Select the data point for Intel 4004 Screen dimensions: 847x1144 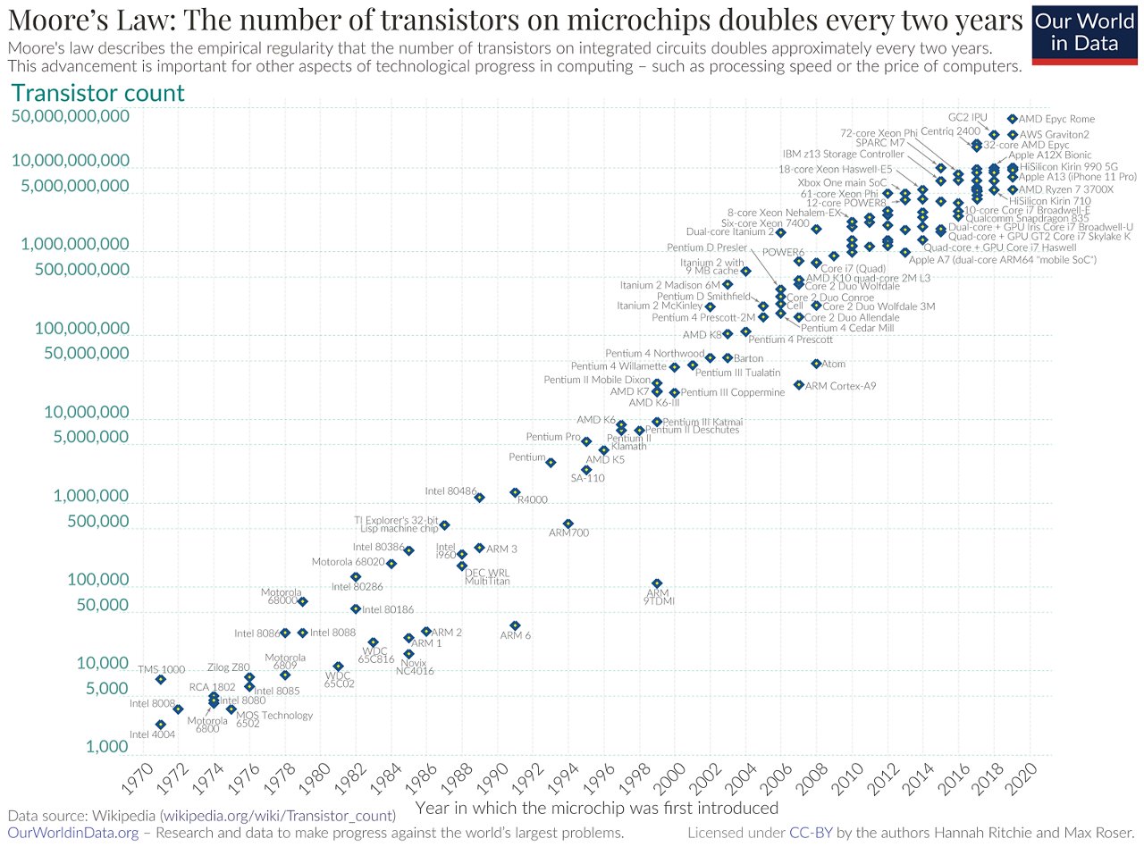tap(160, 725)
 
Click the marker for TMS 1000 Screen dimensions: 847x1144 tap(160, 680)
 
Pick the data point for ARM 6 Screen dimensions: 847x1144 tap(515, 625)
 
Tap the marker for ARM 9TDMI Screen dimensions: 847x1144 tap(657, 583)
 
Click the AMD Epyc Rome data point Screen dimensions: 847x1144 tap(1012, 119)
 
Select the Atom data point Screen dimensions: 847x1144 tap(816, 364)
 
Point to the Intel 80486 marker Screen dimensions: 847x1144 tap(479, 498)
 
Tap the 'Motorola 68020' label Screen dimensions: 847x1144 tap(348, 562)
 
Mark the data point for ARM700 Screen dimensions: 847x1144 tap(568, 524)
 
